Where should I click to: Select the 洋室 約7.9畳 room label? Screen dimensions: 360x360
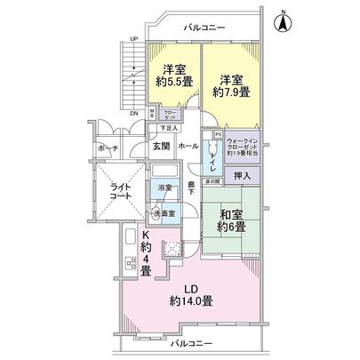coord(231,84)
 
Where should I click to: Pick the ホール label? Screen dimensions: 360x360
coord(188,144)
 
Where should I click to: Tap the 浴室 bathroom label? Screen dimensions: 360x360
coord(165,188)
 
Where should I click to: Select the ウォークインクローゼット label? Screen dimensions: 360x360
coord(243,147)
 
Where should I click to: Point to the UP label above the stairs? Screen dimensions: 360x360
coord(132,39)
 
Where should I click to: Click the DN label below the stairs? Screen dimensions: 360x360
coord(134,114)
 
